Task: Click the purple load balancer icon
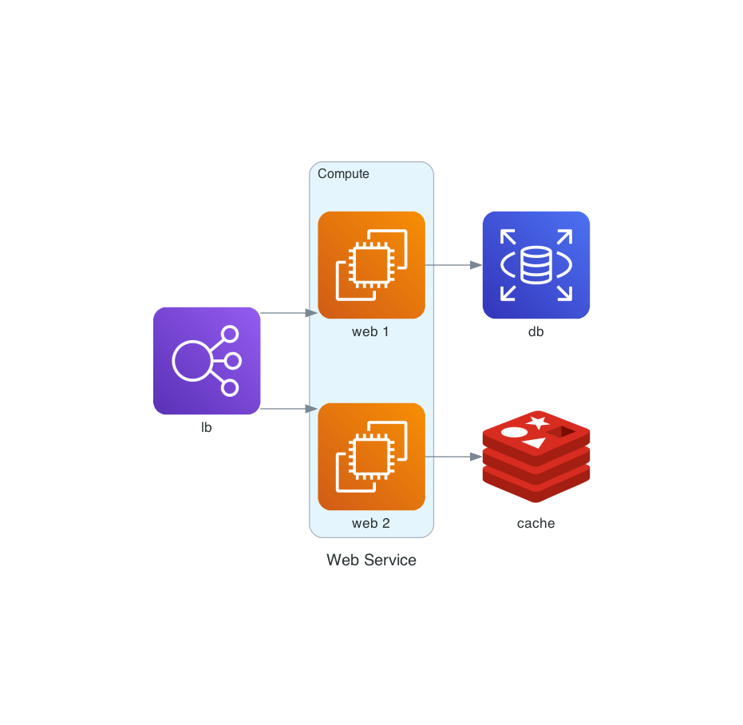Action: click(207, 361)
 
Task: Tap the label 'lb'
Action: click(206, 428)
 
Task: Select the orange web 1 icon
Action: click(371, 265)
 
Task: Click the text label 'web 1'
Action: click(370, 332)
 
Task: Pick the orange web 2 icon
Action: click(371, 457)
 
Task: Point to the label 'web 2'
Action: click(370, 524)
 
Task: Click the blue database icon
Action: click(536, 265)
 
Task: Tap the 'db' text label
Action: click(536, 332)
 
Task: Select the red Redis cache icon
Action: click(536, 457)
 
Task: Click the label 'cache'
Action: click(536, 524)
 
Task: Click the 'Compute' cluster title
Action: click(343, 174)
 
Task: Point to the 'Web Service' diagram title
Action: click(371, 561)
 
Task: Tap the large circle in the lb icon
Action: click(192, 361)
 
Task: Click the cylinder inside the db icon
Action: click(536, 265)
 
